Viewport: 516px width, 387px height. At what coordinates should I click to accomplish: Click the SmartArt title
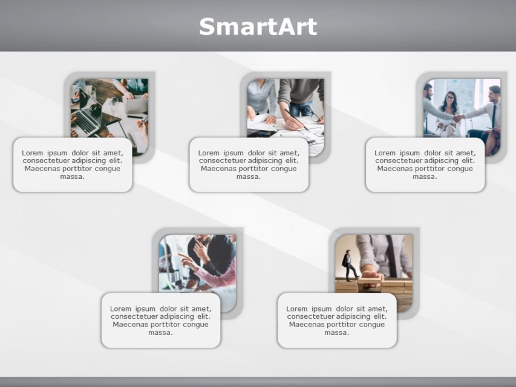click(258, 27)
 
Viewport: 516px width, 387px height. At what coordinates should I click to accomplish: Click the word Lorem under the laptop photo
click(33, 153)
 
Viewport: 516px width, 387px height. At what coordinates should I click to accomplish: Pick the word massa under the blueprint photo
click(249, 177)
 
